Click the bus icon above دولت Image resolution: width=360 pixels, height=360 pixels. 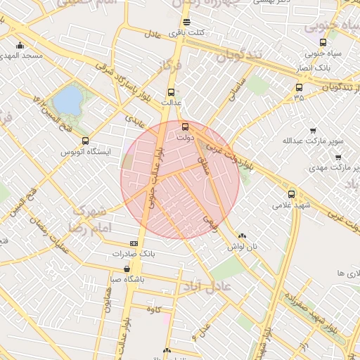185,127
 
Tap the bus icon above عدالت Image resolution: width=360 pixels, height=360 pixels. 171,91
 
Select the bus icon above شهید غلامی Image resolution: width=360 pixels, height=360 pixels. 291,194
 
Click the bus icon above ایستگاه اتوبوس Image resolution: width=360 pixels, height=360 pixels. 86,141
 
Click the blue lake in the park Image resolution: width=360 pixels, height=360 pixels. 67,101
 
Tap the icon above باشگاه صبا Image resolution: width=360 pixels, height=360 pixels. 126,269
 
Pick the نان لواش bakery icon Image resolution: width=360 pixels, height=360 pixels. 243,237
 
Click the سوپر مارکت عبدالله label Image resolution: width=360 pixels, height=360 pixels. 313,141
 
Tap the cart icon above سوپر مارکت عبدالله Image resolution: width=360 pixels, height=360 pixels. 313,130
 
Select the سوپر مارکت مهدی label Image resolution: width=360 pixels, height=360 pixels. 334,169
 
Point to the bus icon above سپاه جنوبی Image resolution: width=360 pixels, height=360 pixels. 322,43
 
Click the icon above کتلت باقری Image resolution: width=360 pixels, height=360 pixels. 186,22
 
